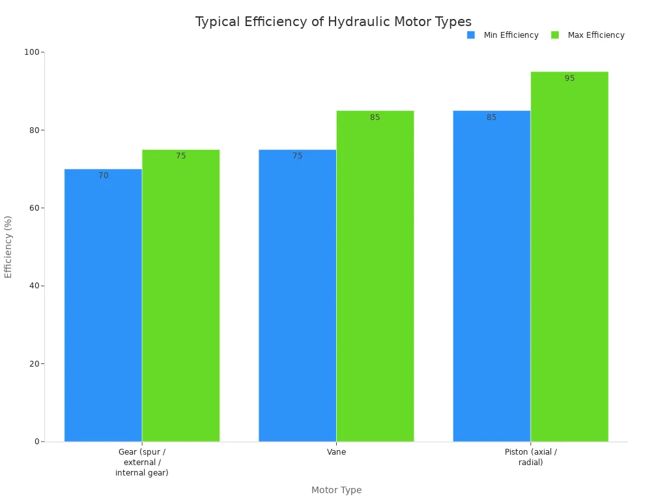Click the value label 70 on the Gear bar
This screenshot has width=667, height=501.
tap(104, 176)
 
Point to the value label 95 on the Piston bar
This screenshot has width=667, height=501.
tap(570, 78)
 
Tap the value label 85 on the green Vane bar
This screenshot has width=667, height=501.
tap(375, 117)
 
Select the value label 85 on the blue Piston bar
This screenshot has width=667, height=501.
tap(492, 117)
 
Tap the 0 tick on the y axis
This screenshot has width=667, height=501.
tap(37, 442)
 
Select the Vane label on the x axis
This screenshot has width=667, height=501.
tap(336, 451)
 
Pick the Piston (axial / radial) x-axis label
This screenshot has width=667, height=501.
tap(531, 457)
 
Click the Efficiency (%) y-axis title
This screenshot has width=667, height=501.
tap(8, 247)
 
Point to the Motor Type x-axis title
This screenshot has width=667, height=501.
tap(336, 490)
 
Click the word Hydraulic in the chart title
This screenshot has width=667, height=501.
tap(356, 22)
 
